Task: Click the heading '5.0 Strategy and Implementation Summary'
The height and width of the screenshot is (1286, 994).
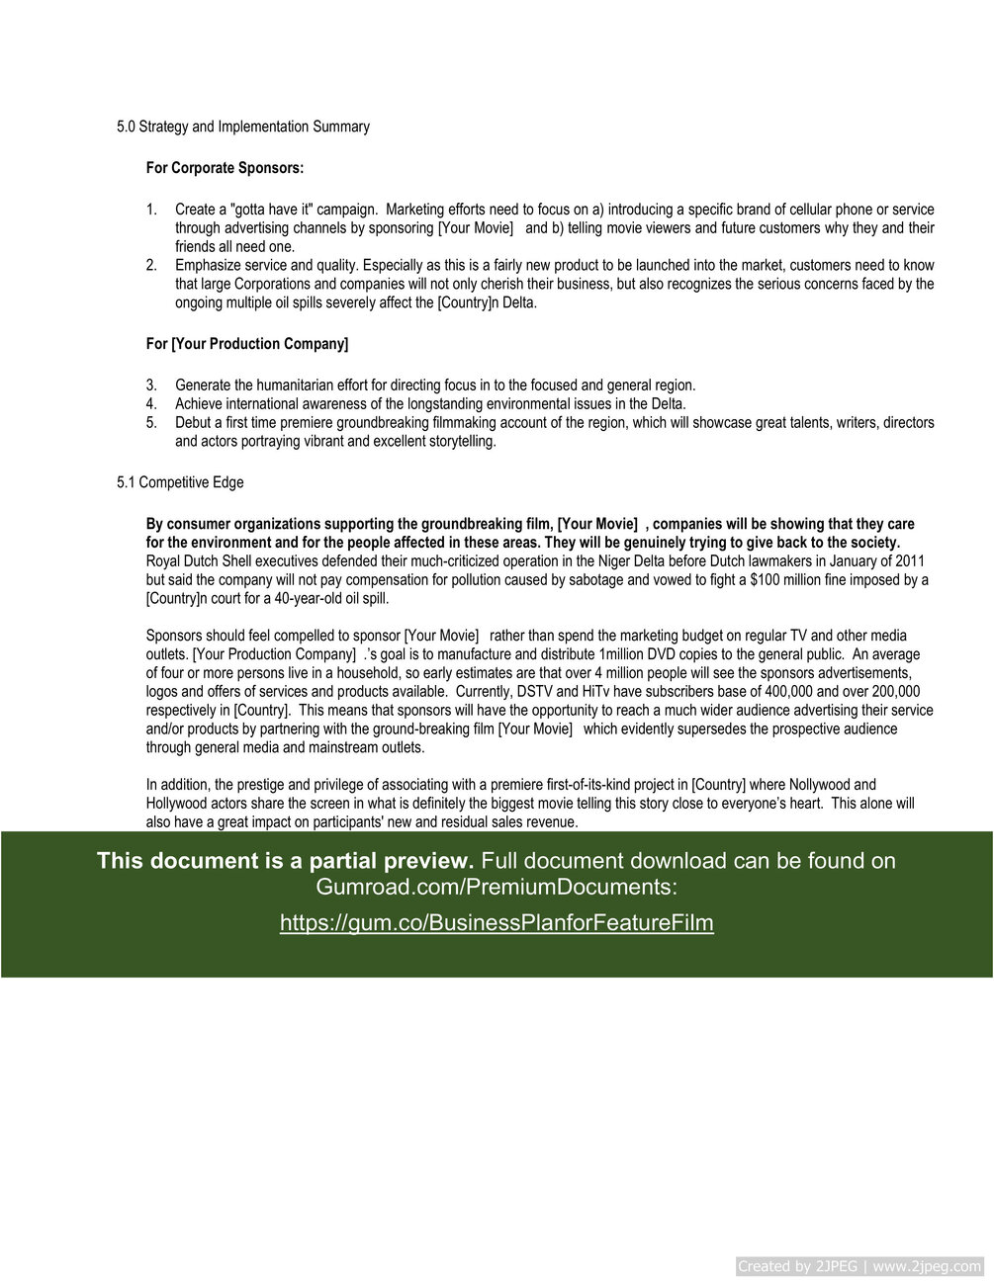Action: click(243, 127)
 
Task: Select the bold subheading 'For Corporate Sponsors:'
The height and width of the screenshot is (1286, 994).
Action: click(225, 168)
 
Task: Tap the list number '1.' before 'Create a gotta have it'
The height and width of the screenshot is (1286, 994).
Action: click(151, 210)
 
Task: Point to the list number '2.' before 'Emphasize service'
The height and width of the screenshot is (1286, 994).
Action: click(151, 265)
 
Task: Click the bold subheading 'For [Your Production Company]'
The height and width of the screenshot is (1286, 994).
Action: click(247, 344)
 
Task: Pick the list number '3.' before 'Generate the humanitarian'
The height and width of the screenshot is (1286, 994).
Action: click(151, 386)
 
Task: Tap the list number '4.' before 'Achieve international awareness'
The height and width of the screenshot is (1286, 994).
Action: click(151, 403)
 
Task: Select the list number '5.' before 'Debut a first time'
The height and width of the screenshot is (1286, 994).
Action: click(151, 422)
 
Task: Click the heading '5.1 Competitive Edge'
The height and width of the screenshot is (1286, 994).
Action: click(180, 482)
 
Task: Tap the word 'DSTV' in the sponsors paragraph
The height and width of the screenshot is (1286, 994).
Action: click(536, 692)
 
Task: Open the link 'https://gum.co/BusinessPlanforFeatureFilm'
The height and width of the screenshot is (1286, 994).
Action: click(497, 922)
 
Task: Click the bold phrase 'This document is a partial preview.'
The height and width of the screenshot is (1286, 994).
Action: click(285, 861)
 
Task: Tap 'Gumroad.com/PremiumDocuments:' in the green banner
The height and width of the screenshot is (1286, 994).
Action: click(497, 887)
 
